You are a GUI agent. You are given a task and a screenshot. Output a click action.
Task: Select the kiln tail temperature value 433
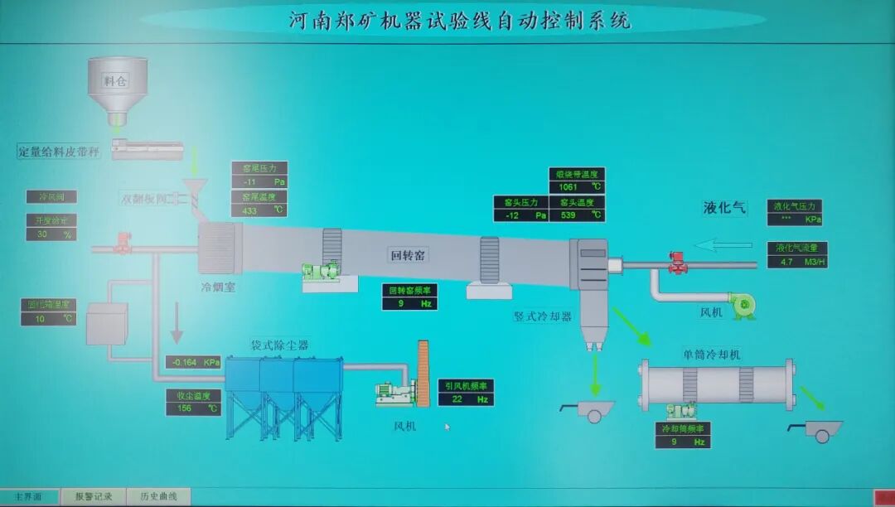[x=250, y=210]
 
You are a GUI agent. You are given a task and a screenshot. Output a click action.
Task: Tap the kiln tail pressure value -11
[x=250, y=181]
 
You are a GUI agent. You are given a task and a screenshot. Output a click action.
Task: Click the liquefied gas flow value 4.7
[x=786, y=262]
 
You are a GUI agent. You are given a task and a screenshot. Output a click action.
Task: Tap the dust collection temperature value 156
[x=185, y=408]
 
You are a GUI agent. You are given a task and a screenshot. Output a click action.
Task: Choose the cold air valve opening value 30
[x=42, y=234]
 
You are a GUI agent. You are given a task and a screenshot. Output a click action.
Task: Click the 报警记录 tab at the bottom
[x=94, y=496]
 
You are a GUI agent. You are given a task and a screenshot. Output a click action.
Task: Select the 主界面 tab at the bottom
[x=29, y=496]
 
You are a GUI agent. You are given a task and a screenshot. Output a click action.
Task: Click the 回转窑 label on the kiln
[x=408, y=254]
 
